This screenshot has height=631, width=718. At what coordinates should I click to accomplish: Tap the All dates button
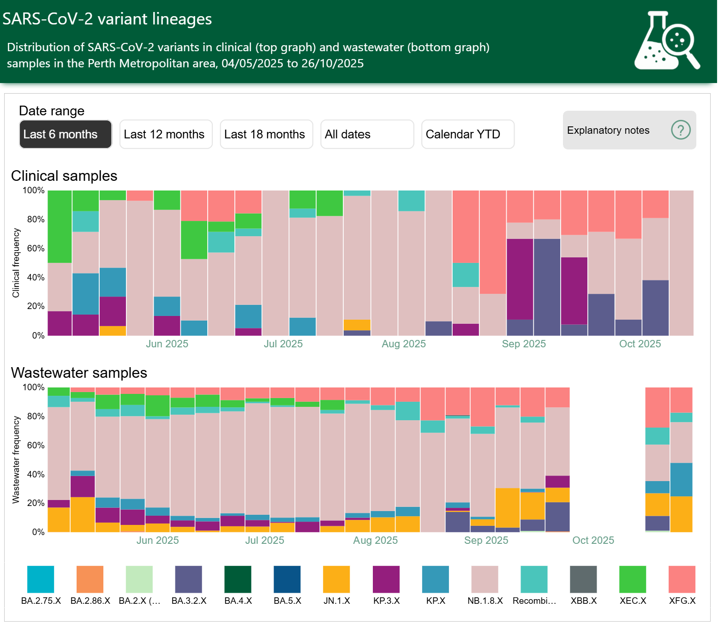coord(367,134)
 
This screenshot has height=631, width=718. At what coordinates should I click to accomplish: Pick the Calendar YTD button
coord(467,134)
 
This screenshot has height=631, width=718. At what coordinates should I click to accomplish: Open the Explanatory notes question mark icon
coord(681,130)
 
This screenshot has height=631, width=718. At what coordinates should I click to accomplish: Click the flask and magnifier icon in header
coord(667,41)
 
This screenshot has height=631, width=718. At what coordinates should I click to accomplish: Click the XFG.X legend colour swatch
coord(682,579)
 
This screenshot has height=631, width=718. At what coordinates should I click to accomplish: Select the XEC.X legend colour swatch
coord(633,579)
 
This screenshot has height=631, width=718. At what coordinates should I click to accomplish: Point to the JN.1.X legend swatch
coord(336,579)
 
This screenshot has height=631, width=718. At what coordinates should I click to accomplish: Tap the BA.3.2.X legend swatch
coord(188,579)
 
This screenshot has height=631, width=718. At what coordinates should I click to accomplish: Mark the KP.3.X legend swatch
coord(386,579)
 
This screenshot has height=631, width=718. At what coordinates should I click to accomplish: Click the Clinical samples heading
coord(64,176)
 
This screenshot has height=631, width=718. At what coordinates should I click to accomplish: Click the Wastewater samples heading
coord(79,373)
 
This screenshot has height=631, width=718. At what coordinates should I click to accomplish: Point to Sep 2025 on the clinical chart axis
coord(524,344)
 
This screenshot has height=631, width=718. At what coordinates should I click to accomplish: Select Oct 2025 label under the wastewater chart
coord(593,541)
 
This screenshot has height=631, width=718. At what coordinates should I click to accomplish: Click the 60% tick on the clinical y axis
coord(36,249)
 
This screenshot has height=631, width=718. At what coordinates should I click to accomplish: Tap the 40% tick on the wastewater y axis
coord(36,475)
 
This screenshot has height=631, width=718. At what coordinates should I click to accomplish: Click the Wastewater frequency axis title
coord(16,459)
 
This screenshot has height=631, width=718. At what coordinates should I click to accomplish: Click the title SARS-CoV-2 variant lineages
coord(107,19)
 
